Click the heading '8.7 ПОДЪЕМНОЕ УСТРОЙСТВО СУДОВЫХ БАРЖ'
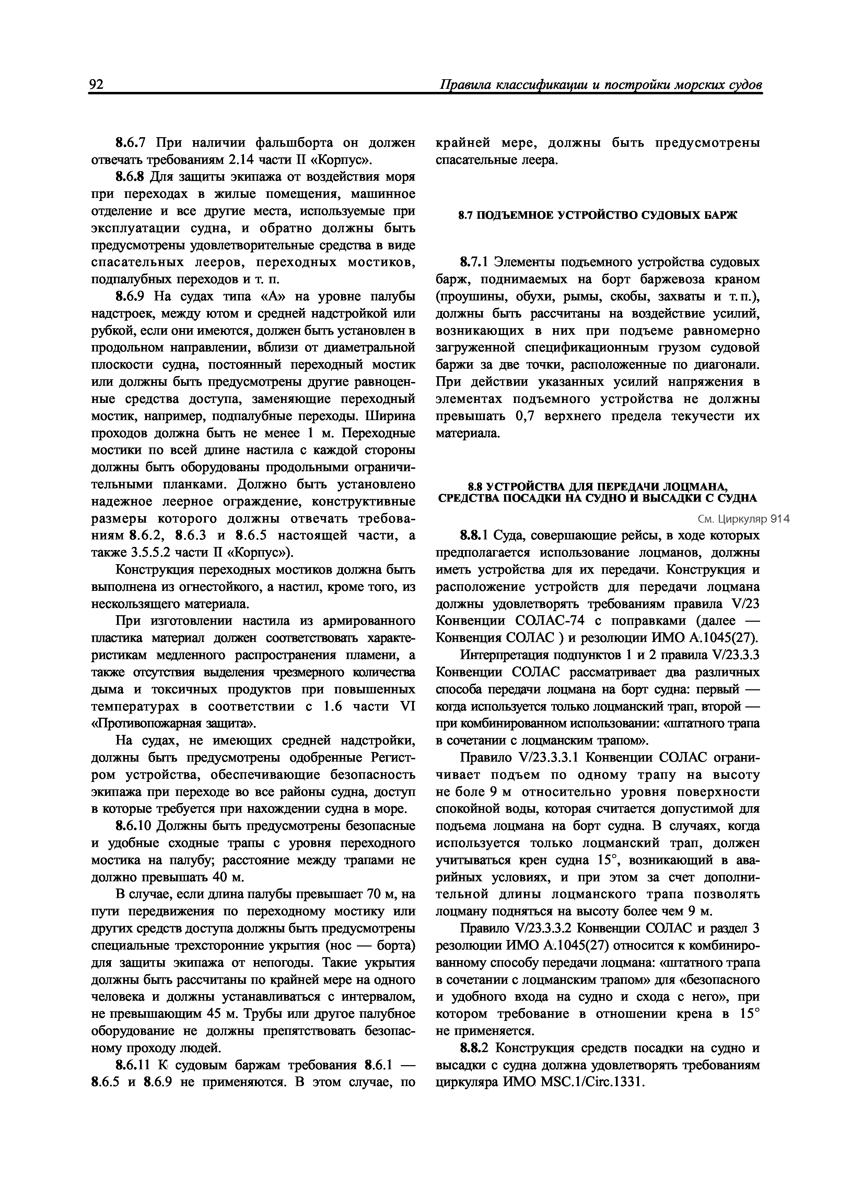[x=598, y=215]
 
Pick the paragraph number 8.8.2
[x=474, y=1048]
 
